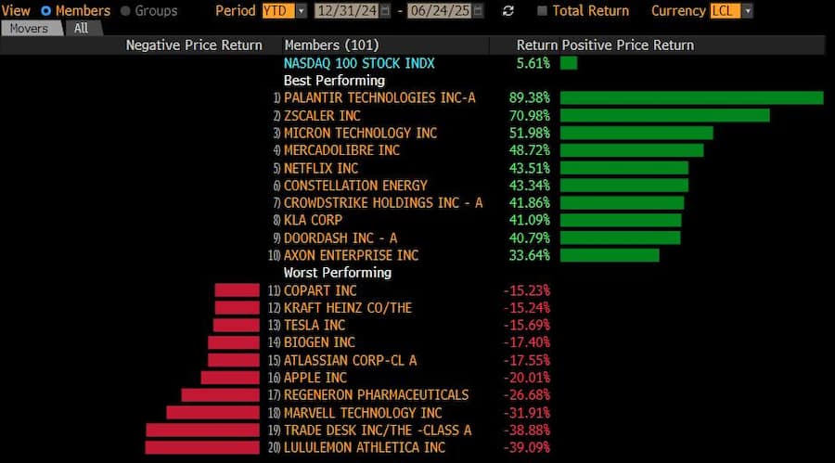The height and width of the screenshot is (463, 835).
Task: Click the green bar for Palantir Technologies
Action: point(691,97)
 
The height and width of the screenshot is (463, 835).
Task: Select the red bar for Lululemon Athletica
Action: point(202,447)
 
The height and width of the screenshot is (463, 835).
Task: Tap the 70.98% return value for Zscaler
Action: point(529,115)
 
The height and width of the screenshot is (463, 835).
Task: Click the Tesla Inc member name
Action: point(315,325)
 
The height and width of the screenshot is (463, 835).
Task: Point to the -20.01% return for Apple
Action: point(526,378)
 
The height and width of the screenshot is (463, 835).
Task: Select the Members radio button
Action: point(45,11)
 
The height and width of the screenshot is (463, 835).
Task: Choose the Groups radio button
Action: point(126,11)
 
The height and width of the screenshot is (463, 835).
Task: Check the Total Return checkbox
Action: point(543,11)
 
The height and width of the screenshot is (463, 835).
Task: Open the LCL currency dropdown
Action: point(731,11)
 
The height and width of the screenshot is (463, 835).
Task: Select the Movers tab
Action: point(29,28)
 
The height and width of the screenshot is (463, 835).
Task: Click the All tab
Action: point(82,28)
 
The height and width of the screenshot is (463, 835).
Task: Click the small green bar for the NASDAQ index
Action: point(569,63)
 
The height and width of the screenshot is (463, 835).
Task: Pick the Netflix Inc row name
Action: point(321,168)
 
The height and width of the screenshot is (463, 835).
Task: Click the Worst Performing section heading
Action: point(338,273)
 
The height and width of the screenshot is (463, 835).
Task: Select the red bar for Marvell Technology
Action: point(212,412)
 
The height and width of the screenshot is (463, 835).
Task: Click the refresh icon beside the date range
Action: point(507,11)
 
